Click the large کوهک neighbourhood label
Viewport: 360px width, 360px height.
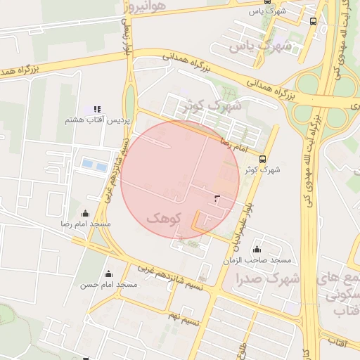click(163, 218)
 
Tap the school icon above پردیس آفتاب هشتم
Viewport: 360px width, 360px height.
click(97, 110)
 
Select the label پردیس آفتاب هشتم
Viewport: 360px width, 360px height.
click(98, 121)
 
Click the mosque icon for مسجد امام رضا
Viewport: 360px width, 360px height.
click(86, 214)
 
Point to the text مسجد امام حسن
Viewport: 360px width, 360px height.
click(108, 285)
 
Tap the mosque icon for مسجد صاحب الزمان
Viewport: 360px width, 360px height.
click(257, 250)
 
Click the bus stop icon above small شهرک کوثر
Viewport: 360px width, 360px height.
click(263, 159)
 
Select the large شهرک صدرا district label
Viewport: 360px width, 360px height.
click(271, 278)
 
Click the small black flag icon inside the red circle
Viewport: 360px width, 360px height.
click(216, 199)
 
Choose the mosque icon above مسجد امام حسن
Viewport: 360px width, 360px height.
click(108, 274)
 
